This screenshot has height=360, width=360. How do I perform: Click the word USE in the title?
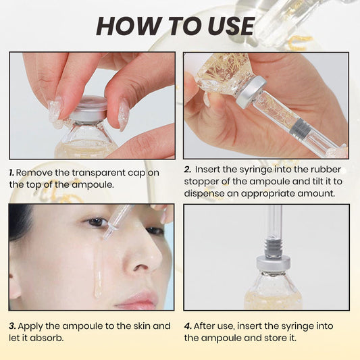pyautogui.click(x=227, y=26)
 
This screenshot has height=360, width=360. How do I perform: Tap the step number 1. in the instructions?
pyautogui.click(x=12, y=173)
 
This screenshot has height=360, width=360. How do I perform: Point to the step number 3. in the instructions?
pyautogui.click(x=12, y=326)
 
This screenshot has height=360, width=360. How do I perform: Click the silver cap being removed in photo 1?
pyautogui.click(x=89, y=107)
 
